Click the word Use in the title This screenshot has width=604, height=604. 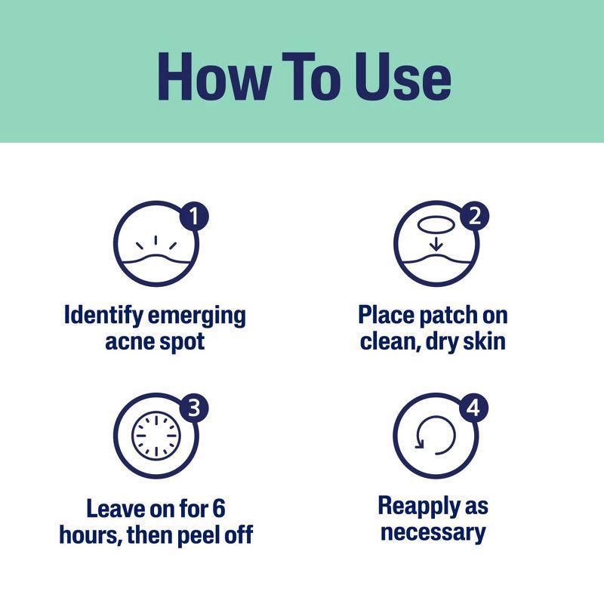click(403, 76)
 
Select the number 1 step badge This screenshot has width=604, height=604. click(194, 216)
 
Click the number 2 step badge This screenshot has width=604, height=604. click(475, 216)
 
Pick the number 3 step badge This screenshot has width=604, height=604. click(194, 408)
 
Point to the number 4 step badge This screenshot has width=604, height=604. click(474, 408)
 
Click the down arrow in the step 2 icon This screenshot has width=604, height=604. click(436, 244)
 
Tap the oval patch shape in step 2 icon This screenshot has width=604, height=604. click(436, 224)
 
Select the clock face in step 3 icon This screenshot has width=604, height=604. click(156, 436)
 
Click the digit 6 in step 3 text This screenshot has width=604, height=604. click(219, 508)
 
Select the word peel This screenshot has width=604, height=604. click(200, 536)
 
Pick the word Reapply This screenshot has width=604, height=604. click(419, 507)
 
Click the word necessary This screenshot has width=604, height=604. click(433, 534)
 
